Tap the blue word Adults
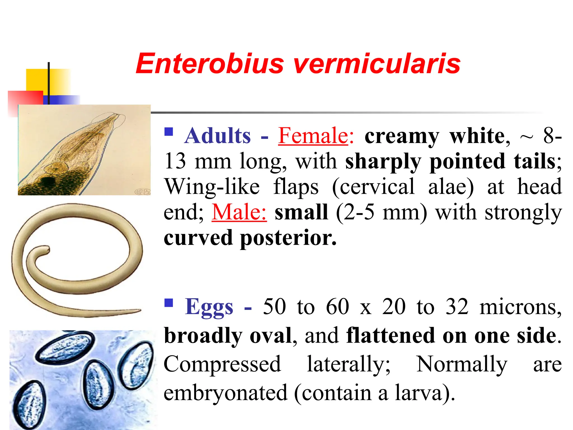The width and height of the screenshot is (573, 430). click(x=217, y=136)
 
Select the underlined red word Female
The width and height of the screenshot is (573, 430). click(x=313, y=136)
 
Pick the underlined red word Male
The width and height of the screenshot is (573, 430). click(x=239, y=212)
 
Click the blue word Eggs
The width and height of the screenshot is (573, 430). click(x=209, y=307)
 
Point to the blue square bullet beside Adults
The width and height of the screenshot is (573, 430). click(x=169, y=132)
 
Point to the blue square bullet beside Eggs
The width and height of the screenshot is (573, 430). click(x=169, y=303)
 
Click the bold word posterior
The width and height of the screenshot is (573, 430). click(x=288, y=238)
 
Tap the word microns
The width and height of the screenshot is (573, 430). click(x=520, y=307)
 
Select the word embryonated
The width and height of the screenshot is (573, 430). click(x=226, y=393)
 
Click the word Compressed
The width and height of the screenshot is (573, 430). click(x=222, y=364)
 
